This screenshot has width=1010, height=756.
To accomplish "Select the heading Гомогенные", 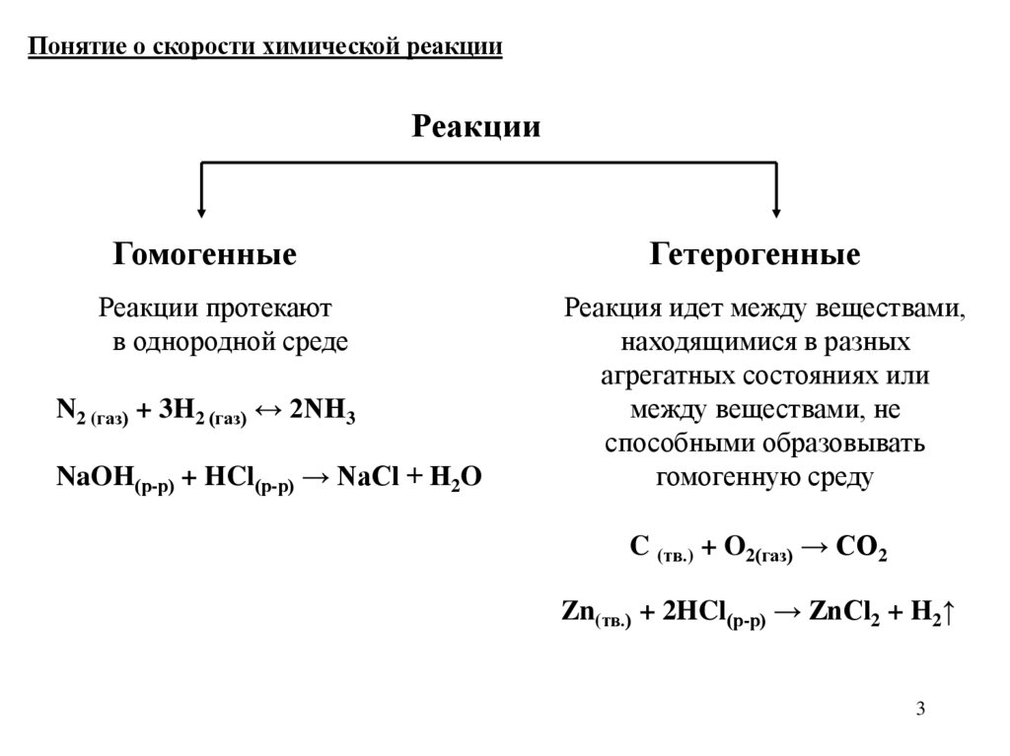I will point(205,254).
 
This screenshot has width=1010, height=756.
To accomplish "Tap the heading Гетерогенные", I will point(755,254).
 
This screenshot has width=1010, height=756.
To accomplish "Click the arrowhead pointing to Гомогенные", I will point(202,209).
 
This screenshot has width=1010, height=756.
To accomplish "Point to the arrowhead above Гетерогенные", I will point(776,209).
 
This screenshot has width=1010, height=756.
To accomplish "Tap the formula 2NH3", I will point(322,413).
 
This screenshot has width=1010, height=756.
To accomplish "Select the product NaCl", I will point(366,477).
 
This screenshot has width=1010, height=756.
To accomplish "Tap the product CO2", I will point(861,548).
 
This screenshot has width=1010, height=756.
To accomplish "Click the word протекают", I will point(269,308).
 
